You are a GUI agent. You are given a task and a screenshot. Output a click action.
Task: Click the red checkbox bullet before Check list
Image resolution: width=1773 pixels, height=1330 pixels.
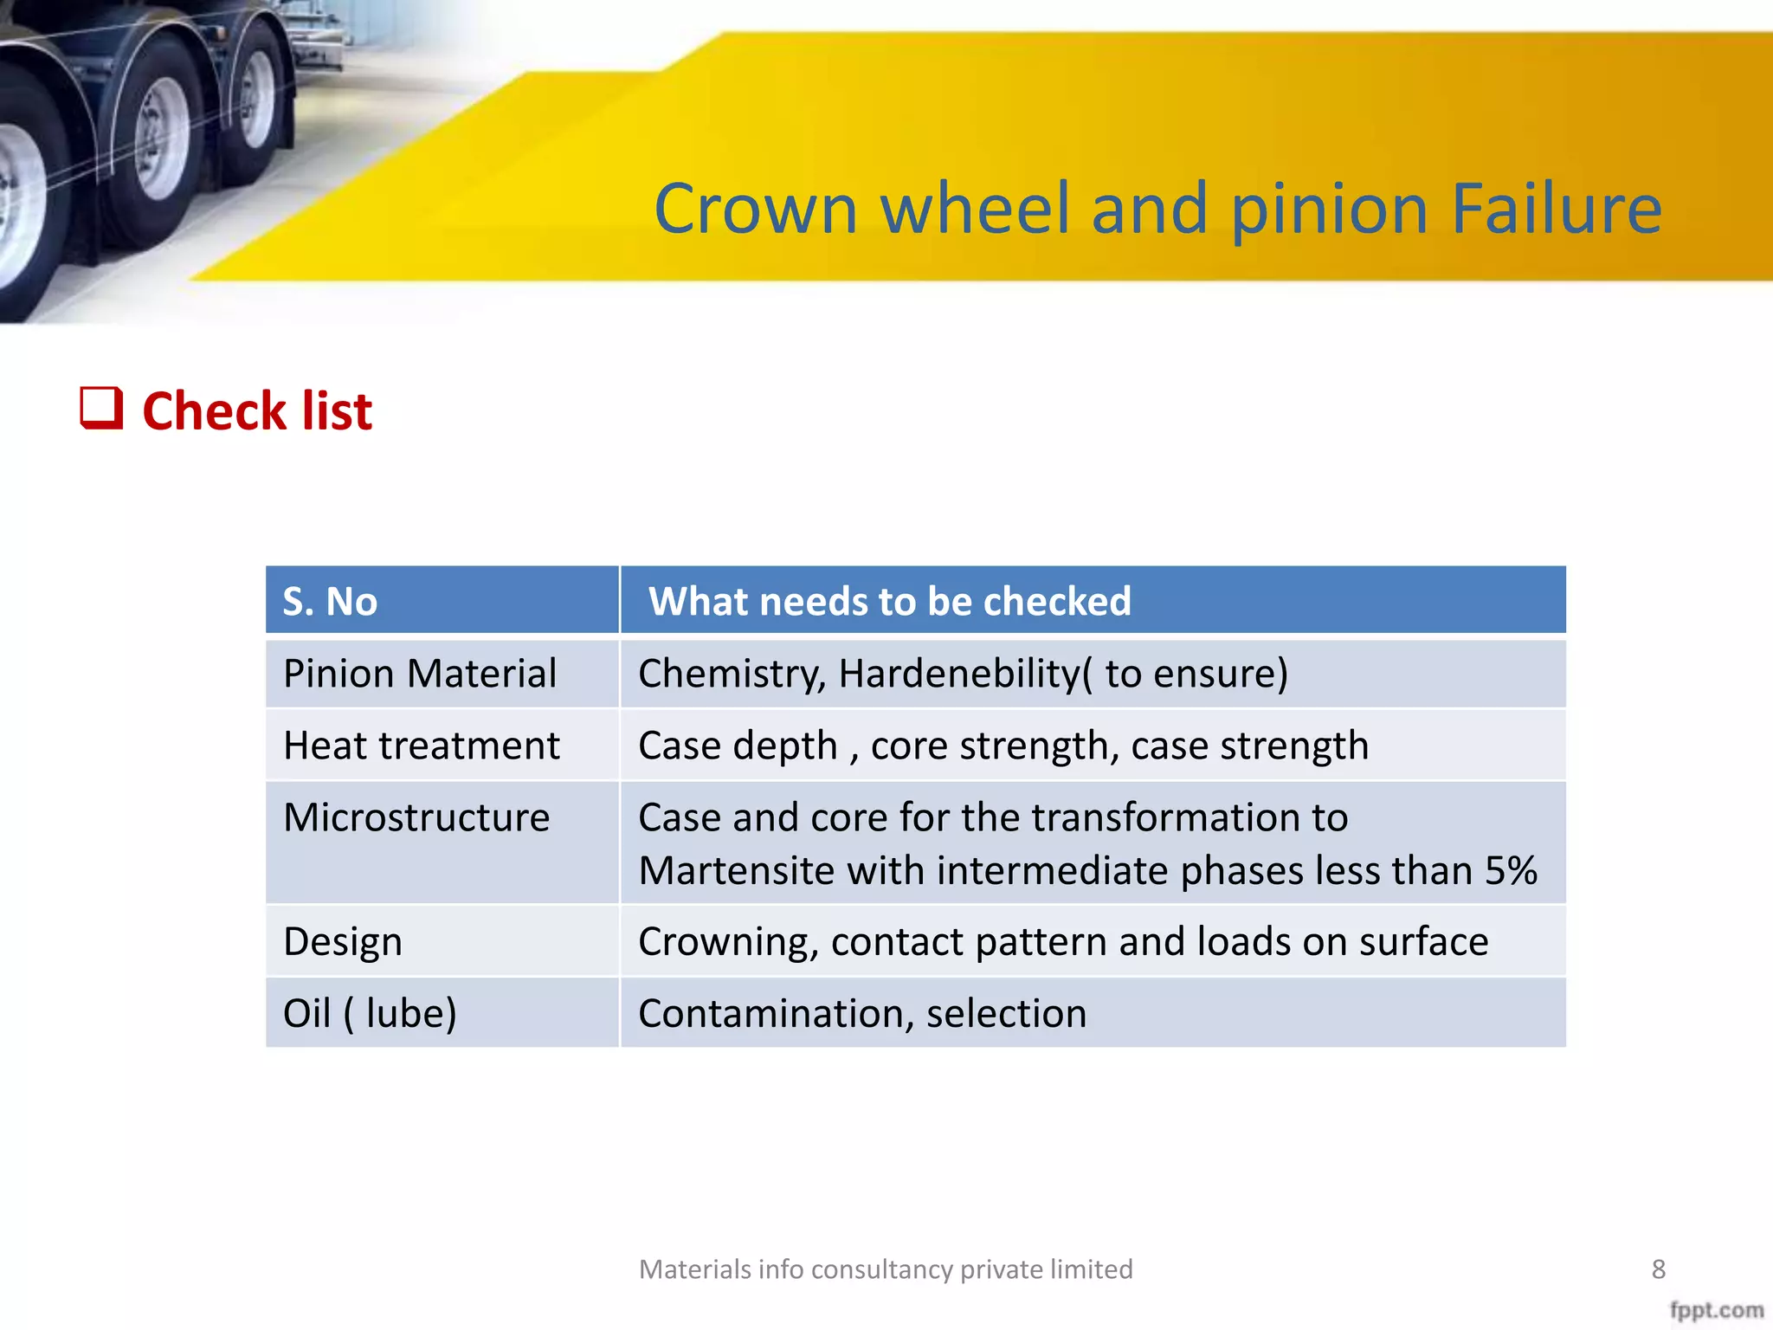tap(101, 408)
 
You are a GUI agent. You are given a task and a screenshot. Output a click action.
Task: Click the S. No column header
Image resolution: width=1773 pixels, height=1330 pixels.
tap(330, 601)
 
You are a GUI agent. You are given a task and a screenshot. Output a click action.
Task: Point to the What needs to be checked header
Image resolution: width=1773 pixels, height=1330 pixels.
tap(889, 601)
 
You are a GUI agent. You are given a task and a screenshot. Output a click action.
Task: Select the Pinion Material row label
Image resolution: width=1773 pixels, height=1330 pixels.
tap(420, 674)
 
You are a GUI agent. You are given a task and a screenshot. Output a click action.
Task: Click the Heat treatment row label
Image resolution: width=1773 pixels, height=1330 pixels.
tap(422, 746)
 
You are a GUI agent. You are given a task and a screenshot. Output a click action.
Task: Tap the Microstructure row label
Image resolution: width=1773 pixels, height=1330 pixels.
tap(416, 817)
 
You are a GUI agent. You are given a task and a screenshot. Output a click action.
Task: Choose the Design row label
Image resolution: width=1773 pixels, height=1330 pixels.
tap(343, 942)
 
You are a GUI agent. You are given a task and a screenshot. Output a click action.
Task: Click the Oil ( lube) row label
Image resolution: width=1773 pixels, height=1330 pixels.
tap(370, 1013)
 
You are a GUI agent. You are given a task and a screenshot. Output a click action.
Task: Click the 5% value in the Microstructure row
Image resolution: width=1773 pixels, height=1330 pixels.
tap(1511, 870)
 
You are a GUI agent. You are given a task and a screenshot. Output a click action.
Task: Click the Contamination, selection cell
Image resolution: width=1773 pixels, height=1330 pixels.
tap(862, 1013)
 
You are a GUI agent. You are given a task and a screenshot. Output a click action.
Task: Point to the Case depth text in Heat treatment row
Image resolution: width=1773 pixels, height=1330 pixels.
tap(738, 746)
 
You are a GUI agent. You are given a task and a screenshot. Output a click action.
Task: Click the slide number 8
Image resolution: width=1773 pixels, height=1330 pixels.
tap(1658, 1269)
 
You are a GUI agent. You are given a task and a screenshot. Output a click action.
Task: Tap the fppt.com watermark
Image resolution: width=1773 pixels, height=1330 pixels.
tap(1716, 1309)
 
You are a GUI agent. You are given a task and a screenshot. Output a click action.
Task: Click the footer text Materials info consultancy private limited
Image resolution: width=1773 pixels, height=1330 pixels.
tap(886, 1269)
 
